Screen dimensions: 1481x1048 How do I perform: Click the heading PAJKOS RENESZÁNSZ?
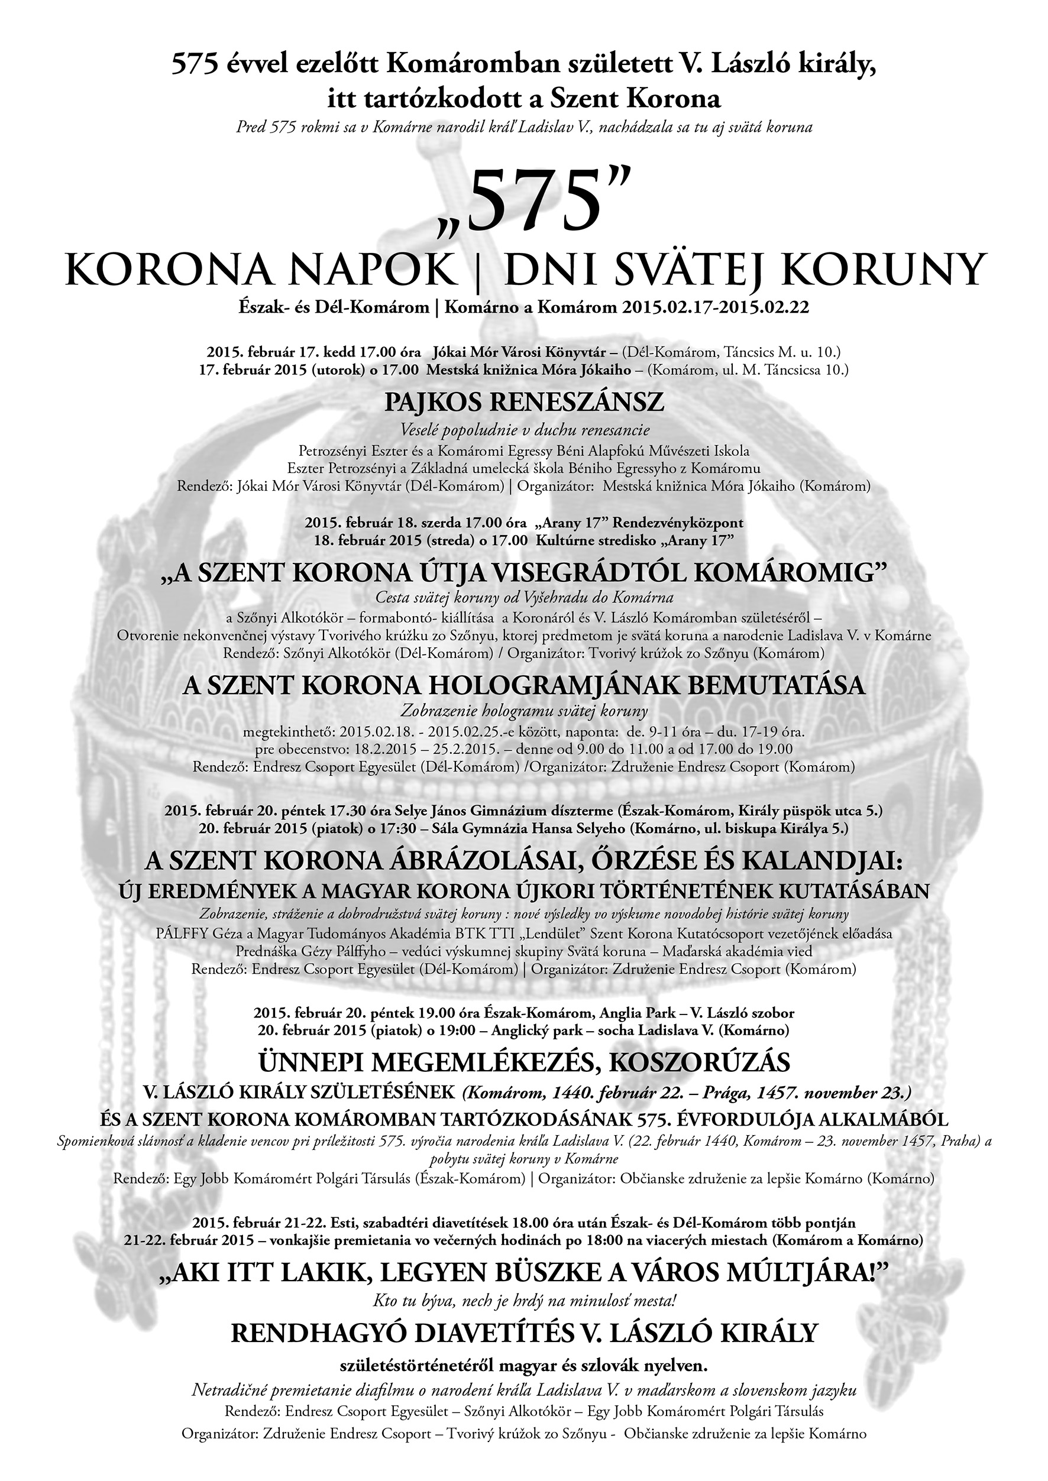pos(524,403)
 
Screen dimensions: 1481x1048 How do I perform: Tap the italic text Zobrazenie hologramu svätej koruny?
pos(524,711)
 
